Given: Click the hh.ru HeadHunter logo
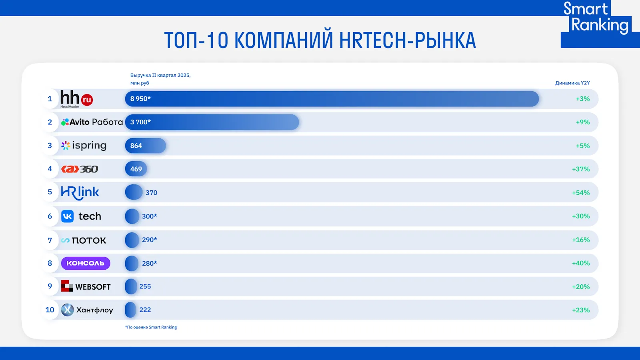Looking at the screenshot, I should (x=76, y=98).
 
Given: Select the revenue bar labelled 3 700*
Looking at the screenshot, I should (x=212, y=122).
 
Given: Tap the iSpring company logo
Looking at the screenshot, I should (x=84, y=146).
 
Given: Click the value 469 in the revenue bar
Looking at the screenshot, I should (x=136, y=169).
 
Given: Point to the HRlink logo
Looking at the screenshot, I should (x=80, y=192).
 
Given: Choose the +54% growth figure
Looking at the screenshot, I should (x=581, y=193).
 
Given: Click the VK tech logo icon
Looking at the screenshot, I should (x=68, y=216).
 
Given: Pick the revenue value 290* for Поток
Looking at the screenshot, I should (x=150, y=240).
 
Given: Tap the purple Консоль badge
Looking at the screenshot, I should (x=86, y=263).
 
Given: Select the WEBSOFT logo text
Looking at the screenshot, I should (x=93, y=287).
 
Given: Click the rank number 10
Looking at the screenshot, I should (x=50, y=310).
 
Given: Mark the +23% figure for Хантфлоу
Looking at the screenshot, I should (x=581, y=310).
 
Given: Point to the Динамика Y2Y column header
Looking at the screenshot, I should (x=572, y=83).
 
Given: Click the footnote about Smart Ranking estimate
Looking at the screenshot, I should (x=151, y=327).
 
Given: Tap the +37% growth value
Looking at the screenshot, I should (x=581, y=169).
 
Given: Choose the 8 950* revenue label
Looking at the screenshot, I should (x=140, y=99).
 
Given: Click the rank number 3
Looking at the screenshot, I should (x=50, y=146).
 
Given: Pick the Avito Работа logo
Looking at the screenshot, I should (x=92, y=122).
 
